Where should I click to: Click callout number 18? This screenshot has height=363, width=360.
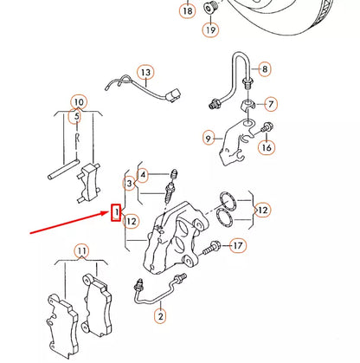(188, 11)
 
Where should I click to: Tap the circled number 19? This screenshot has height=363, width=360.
(210, 29)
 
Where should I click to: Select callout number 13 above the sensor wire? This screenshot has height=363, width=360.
(145, 72)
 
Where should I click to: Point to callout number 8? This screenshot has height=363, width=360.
(264, 69)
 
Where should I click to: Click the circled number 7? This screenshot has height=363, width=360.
(270, 104)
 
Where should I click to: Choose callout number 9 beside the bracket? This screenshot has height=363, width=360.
(209, 139)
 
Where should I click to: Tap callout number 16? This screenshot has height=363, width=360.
(267, 147)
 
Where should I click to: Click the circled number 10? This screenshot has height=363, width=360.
(79, 102)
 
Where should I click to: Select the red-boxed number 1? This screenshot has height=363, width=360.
(116, 212)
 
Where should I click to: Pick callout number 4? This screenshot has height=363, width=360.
(143, 175)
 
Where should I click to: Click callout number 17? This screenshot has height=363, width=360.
(238, 246)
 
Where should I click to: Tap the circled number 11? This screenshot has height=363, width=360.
(81, 250)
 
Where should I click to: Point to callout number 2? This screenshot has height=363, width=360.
(160, 315)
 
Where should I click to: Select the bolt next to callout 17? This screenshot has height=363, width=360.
(211, 248)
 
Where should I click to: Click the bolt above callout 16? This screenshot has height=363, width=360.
(267, 127)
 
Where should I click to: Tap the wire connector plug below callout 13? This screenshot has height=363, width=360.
(174, 95)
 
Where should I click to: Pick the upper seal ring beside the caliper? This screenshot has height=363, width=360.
(227, 200)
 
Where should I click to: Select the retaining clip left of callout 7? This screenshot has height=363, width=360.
(247, 106)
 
